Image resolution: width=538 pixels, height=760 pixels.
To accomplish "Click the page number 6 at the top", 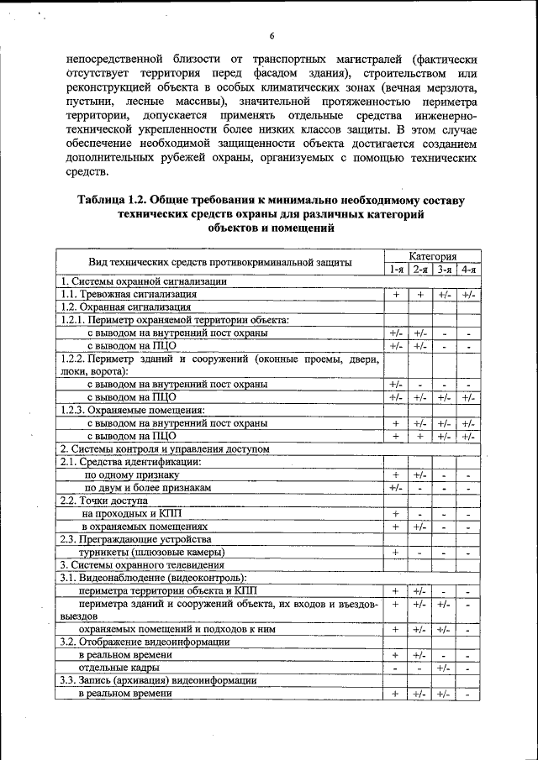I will click(x=272, y=35).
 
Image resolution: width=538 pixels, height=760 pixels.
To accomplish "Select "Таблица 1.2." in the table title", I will click(x=115, y=201).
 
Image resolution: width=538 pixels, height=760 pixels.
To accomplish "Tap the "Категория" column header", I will click(x=433, y=255).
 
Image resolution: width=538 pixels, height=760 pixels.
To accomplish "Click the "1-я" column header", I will click(x=396, y=269).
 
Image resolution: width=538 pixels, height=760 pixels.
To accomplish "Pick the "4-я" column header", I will click(x=468, y=269).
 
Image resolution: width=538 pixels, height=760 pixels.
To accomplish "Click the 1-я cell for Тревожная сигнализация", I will click(x=396, y=295).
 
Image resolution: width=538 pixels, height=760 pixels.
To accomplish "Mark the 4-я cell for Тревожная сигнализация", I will click(x=468, y=295).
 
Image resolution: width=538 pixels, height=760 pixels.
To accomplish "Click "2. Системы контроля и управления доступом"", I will click(x=164, y=449).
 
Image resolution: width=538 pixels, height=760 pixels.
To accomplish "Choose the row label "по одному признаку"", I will click(x=130, y=474).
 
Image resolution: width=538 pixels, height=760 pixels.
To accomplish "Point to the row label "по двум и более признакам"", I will click(x=147, y=487).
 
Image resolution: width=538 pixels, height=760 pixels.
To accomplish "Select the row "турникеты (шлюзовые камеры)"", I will click(x=151, y=553).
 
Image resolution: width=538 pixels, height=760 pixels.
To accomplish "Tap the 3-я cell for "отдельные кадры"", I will click(x=444, y=668).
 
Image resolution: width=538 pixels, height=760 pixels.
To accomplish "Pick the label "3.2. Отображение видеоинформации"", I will click(x=144, y=642).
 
